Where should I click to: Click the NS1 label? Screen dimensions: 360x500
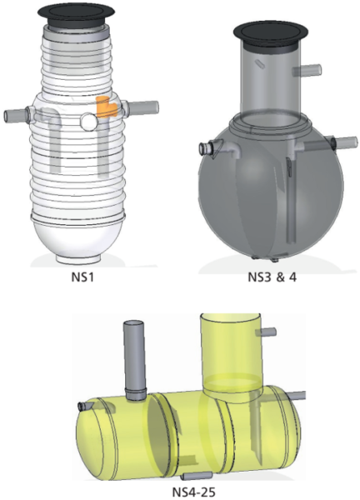coord(82,277)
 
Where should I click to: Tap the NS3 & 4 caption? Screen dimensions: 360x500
coord(272,277)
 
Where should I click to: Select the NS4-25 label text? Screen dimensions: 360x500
coord(193,492)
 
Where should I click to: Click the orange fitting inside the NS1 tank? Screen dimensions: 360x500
coord(105,107)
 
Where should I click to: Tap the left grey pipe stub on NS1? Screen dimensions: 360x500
coord(15,115)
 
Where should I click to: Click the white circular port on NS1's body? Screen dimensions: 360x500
coord(88,122)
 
